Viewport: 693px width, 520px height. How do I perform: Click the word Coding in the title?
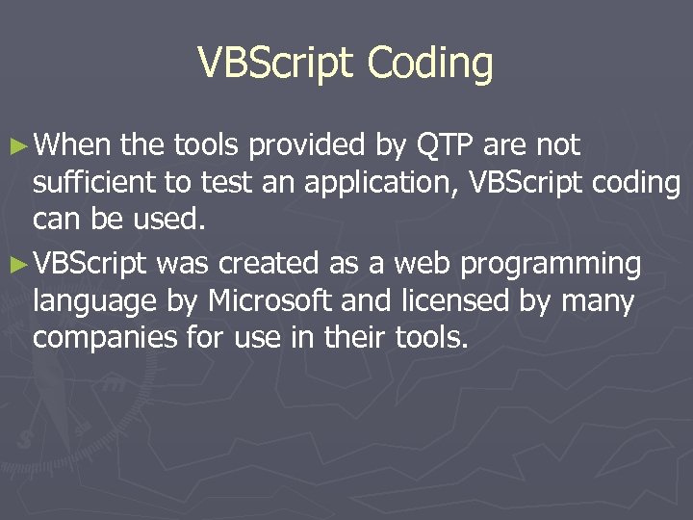[x=430, y=64]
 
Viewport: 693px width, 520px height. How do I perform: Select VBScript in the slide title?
[x=277, y=64]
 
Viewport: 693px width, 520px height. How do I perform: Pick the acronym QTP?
[x=445, y=145]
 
